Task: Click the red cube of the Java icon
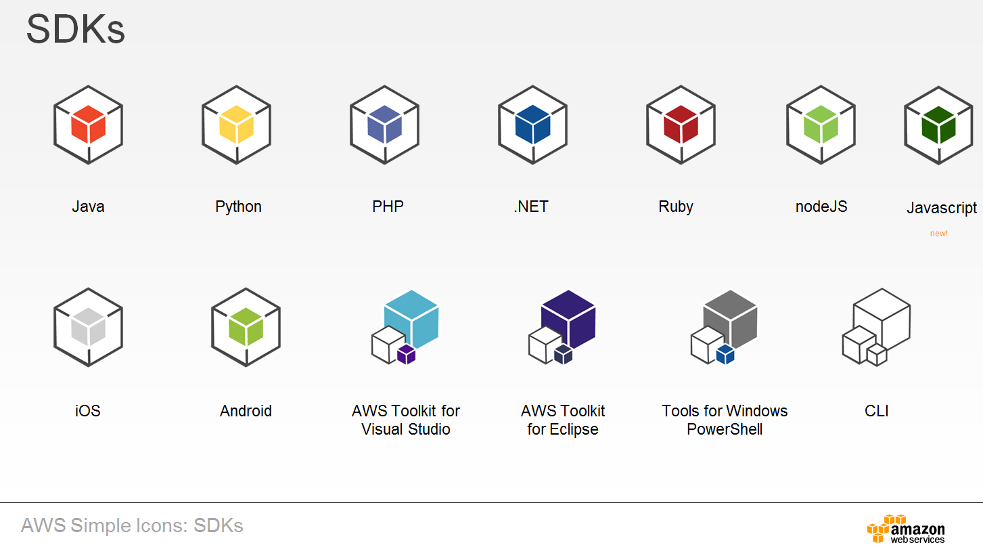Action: click(x=88, y=125)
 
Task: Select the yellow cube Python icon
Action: click(x=236, y=125)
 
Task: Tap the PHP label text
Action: click(x=388, y=206)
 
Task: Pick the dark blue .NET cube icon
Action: click(x=532, y=125)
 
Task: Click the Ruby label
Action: click(x=675, y=206)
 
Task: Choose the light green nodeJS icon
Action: click(x=821, y=125)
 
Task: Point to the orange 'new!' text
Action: click(x=938, y=234)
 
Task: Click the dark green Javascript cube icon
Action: click(x=938, y=125)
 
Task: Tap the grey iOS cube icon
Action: click(x=88, y=327)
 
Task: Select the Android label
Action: click(x=246, y=411)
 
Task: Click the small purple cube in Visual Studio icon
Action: click(x=406, y=354)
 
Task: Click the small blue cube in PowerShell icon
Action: click(x=725, y=354)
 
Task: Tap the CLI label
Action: click(x=876, y=411)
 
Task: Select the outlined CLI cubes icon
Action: click(x=876, y=326)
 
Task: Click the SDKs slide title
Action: click(x=75, y=30)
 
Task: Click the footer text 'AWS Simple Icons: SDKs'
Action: click(x=132, y=525)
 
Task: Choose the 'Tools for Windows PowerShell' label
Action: click(x=725, y=420)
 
